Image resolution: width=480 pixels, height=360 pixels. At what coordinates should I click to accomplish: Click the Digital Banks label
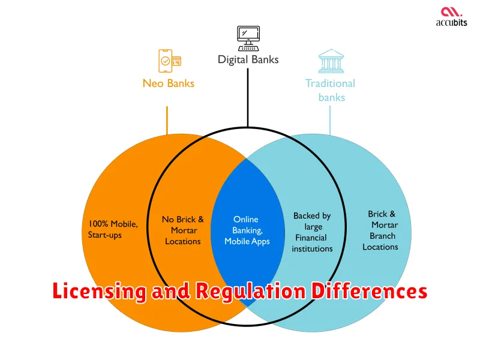(248, 59)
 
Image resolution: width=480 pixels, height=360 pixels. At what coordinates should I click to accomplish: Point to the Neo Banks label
(169, 83)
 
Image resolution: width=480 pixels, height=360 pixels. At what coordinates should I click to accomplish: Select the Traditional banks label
(330, 90)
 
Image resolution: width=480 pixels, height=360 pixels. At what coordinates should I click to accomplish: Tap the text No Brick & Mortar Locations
(183, 230)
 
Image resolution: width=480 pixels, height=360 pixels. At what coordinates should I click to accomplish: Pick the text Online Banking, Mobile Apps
(247, 230)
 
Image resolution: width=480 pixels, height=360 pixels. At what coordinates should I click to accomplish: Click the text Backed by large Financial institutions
(312, 232)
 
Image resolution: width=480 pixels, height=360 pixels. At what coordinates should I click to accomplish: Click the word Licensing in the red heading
(99, 292)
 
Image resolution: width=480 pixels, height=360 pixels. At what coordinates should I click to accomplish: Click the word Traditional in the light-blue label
(330, 83)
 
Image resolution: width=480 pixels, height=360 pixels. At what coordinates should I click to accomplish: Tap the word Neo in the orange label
(152, 83)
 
